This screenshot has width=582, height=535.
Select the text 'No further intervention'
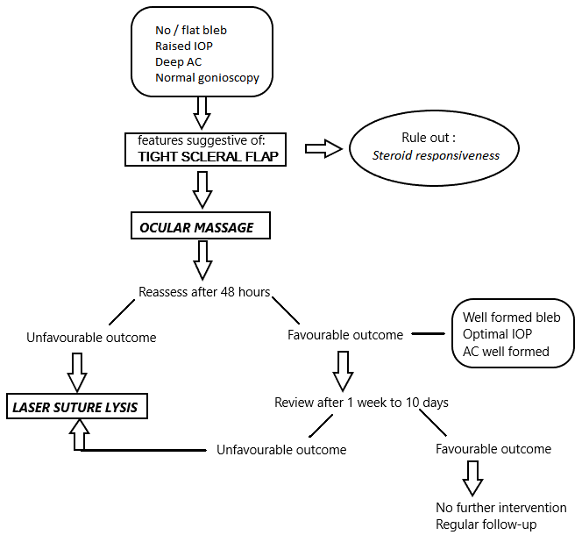[x=500, y=508]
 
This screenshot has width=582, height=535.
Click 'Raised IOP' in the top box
[x=185, y=46]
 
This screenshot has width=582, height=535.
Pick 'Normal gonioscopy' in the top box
[x=206, y=77]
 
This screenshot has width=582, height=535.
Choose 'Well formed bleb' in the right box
[x=511, y=317]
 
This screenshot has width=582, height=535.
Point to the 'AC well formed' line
[x=505, y=352]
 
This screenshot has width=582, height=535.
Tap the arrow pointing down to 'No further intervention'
[x=472, y=478]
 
